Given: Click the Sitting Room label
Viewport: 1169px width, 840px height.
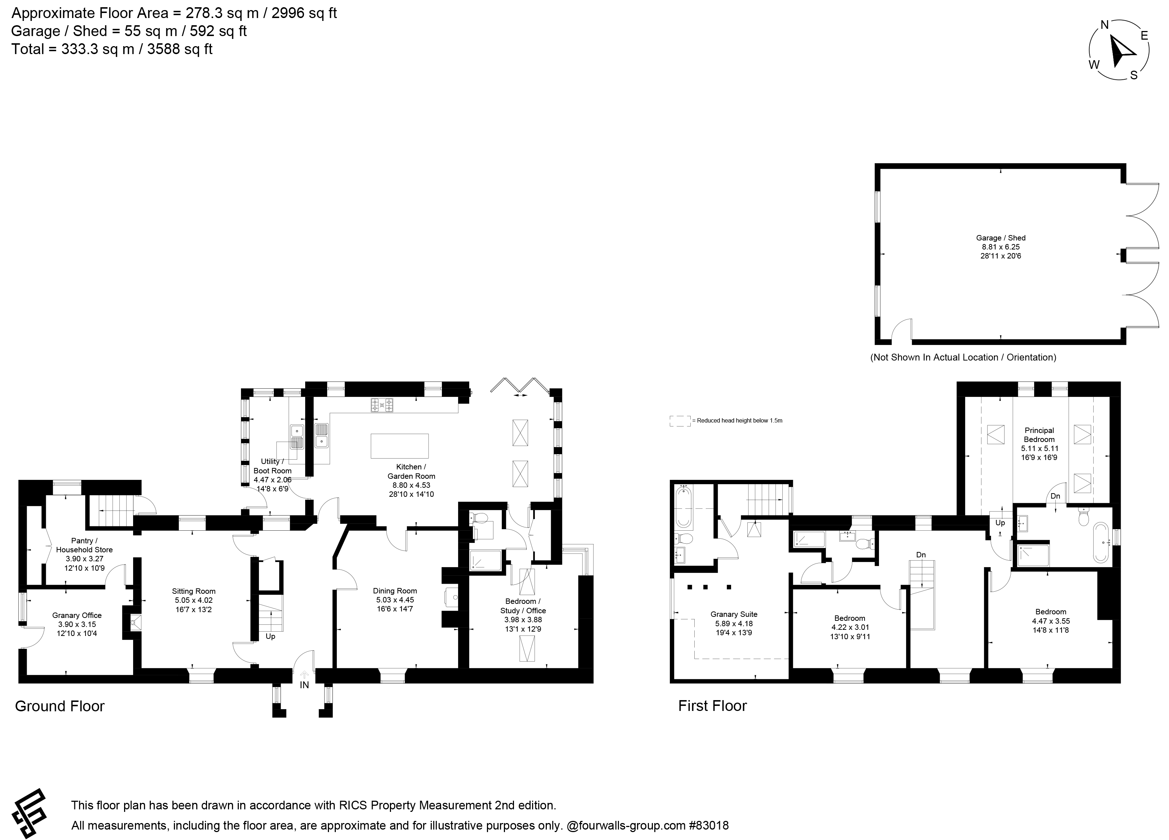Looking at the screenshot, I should tap(193, 591).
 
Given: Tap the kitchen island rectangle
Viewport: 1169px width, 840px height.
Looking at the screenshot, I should tap(399, 446).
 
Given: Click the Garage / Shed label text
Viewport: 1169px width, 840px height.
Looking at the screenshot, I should tap(1001, 238).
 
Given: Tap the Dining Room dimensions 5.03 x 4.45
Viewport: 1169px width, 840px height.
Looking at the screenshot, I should tap(395, 600).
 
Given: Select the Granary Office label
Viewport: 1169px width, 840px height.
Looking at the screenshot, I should tap(77, 615).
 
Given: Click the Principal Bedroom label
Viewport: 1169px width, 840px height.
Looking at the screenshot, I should tap(1039, 435).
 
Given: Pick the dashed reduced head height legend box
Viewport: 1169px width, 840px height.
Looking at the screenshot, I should tap(680, 421).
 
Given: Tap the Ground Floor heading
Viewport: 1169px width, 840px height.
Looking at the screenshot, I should tap(60, 706).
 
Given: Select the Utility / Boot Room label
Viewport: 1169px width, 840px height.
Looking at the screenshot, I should tap(272, 466).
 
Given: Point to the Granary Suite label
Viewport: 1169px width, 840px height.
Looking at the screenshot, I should tap(733, 614).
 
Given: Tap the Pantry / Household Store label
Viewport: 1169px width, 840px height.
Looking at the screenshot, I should tap(84, 545).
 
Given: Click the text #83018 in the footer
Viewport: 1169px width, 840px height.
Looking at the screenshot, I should tap(709, 825).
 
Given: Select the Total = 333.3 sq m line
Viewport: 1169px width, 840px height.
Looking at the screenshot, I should tap(112, 49).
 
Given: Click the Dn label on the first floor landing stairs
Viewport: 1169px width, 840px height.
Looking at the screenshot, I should tap(920, 555).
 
